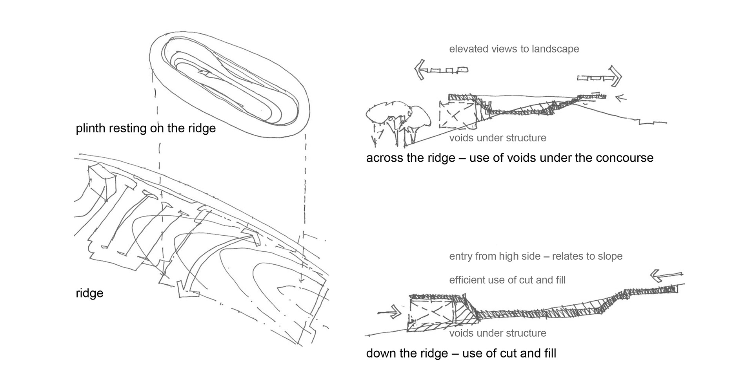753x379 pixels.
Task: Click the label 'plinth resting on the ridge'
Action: (x=146, y=128)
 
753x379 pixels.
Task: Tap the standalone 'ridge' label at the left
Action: (x=89, y=293)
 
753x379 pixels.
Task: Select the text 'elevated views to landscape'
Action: (x=514, y=49)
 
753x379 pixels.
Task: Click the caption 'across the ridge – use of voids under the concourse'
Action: (x=509, y=158)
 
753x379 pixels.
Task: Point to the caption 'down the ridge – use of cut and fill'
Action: (x=461, y=354)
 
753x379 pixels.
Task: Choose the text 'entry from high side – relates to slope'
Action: (x=536, y=256)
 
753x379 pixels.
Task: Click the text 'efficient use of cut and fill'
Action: (x=507, y=280)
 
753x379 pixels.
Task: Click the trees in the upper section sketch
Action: (x=396, y=119)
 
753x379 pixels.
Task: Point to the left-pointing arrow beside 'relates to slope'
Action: (x=666, y=276)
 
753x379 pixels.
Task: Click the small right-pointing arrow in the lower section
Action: (x=389, y=312)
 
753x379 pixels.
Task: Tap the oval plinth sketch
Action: (x=230, y=85)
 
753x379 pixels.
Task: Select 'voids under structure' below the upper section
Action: (x=497, y=138)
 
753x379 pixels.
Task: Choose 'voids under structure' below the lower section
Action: (x=497, y=333)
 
